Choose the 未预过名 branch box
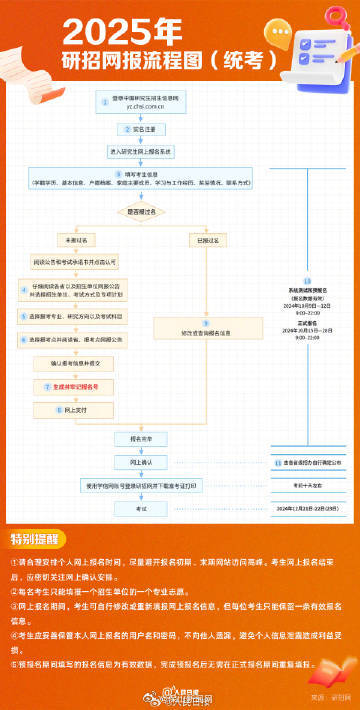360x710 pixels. pyautogui.click(x=78, y=241)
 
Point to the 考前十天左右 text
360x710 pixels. pyautogui.click(x=308, y=484)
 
